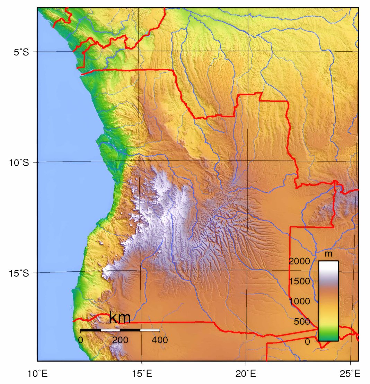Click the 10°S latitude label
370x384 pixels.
point(19,162)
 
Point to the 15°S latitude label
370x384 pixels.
point(19,273)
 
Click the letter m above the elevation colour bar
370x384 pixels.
point(328,254)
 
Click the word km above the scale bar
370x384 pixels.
point(120,318)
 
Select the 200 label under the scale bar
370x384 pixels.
point(120,340)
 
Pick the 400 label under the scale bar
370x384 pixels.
point(159,340)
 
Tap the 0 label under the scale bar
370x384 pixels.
point(81,340)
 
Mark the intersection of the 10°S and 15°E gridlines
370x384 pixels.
point(140,162)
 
